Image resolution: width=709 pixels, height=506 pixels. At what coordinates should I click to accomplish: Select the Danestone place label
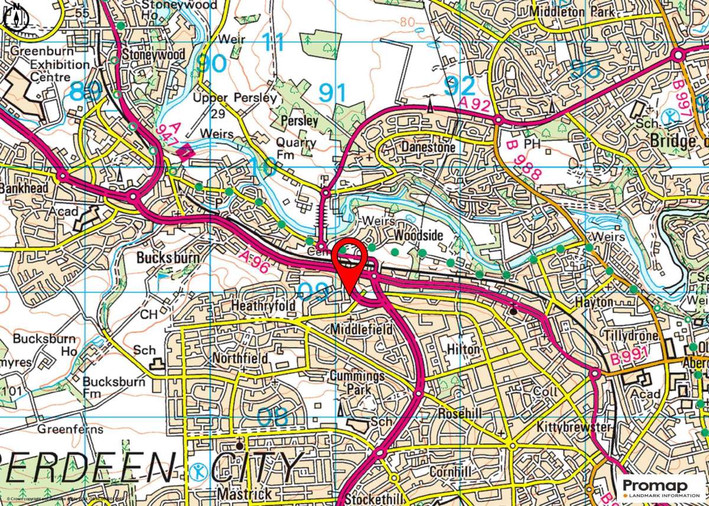pyautogui.click(x=428, y=146)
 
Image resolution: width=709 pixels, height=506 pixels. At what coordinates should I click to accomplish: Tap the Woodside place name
pyautogui.click(x=418, y=236)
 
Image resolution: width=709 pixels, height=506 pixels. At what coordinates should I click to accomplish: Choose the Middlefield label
pyautogui.click(x=362, y=329)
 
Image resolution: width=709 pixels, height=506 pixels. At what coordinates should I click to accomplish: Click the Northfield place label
pyautogui.click(x=240, y=358)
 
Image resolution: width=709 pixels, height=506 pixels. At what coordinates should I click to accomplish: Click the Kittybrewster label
pyautogui.click(x=573, y=426)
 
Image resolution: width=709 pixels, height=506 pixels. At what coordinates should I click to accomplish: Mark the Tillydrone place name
pyautogui.click(x=630, y=335)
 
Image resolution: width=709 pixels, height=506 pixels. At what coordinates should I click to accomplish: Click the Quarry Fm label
pyautogui.click(x=296, y=148)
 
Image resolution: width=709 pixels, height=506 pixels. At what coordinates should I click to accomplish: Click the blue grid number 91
pyautogui.click(x=332, y=93)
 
